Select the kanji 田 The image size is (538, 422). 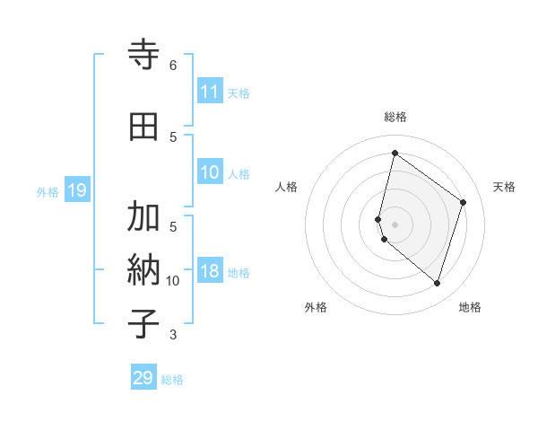point(143,127)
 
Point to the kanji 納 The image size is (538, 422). point(143,269)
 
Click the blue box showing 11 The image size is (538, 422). point(210,92)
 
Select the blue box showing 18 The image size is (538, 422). point(210,272)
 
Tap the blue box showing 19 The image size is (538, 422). point(76,190)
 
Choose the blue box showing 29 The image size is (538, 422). point(143,378)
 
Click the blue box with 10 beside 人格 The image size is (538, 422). point(210,173)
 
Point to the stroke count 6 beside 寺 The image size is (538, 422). point(173,66)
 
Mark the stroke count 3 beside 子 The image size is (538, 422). point(173,335)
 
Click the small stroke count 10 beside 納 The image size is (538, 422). point(173,281)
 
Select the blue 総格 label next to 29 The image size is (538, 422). point(172,380)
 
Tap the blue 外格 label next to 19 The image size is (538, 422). point(48,191)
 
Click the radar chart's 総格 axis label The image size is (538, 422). point(395,117)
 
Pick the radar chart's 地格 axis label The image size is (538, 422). point(470,308)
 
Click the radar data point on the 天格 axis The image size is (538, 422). point(464,202)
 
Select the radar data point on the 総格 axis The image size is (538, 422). point(395,153)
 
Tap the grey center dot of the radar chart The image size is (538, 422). point(395,224)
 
